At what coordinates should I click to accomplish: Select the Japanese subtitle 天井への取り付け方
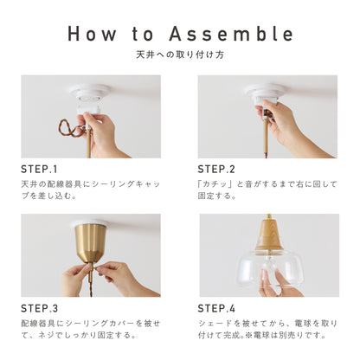(x=179, y=56)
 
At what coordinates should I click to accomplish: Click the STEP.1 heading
(x=39, y=169)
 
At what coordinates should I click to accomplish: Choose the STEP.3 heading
(x=39, y=308)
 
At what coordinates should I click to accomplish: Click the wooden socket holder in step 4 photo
(x=269, y=235)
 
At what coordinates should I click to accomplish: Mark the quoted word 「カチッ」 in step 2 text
(x=215, y=184)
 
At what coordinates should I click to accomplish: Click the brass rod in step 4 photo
(x=269, y=217)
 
